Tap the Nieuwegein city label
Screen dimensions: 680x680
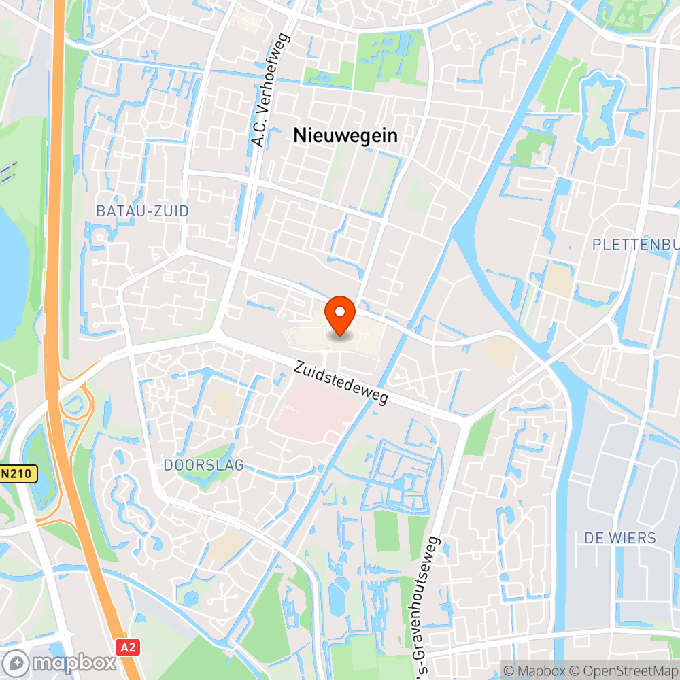(345, 135)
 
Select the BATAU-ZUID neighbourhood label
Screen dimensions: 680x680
(142, 211)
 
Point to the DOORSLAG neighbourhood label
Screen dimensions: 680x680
(203, 465)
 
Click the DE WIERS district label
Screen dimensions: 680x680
(620, 538)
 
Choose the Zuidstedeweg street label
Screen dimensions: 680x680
(341, 383)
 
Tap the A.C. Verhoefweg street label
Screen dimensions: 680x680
(271, 90)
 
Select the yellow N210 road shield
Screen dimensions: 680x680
(17, 474)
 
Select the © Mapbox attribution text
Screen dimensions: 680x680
(534, 670)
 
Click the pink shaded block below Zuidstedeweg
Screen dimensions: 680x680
(317, 412)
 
